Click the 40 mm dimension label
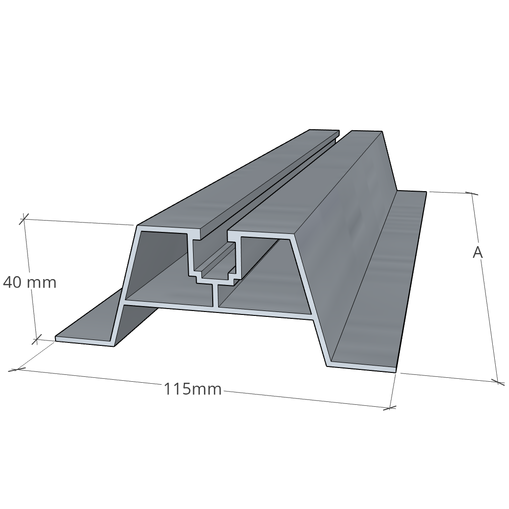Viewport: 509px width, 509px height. pos(29,283)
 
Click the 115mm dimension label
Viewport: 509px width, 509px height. pos(192,390)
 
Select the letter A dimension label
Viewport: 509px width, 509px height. pos(477,253)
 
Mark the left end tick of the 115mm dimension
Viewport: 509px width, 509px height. pos(18,368)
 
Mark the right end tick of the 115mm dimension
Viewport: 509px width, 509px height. pos(391,407)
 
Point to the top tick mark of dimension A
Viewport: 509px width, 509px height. pos(472,194)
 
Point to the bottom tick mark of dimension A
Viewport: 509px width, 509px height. pos(497,381)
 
